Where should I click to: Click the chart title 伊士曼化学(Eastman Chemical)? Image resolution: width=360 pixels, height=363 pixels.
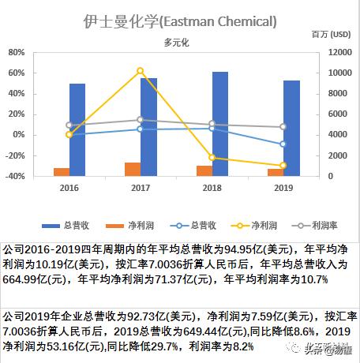click(x=179, y=21)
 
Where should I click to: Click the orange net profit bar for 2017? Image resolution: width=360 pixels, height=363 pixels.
click(x=133, y=169)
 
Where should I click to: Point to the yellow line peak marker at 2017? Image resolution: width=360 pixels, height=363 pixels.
click(x=141, y=71)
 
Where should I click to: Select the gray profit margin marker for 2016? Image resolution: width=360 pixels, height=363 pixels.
click(x=69, y=125)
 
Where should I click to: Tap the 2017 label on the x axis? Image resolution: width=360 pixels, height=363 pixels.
click(x=141, y=189)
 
